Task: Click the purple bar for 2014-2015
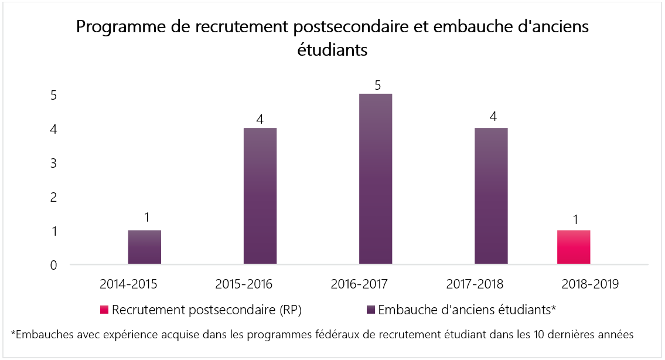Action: (x=144, y=247)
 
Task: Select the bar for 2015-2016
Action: (x=260, y=196)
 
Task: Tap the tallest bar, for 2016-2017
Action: (x=376, y=179)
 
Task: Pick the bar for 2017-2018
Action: (x=491, y=196)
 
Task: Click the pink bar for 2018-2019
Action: (x=573, y=247)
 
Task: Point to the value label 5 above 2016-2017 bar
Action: (x=377, y=86)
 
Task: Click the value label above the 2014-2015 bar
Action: (x=146, y=218)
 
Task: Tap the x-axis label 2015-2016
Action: (x=244, y=284)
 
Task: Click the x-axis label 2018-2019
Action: (x=590, y=284)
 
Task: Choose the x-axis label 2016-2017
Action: (x=359, y=284)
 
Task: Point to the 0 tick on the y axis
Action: (x=53, y=266)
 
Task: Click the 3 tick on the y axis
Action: (x=53, y=163)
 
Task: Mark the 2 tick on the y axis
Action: (x=53, y=197)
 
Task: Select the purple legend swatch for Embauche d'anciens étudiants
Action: (x=371, y=310)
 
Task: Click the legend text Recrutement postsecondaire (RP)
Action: (x=207, y=310)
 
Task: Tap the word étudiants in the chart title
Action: (x=332, y=50)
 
